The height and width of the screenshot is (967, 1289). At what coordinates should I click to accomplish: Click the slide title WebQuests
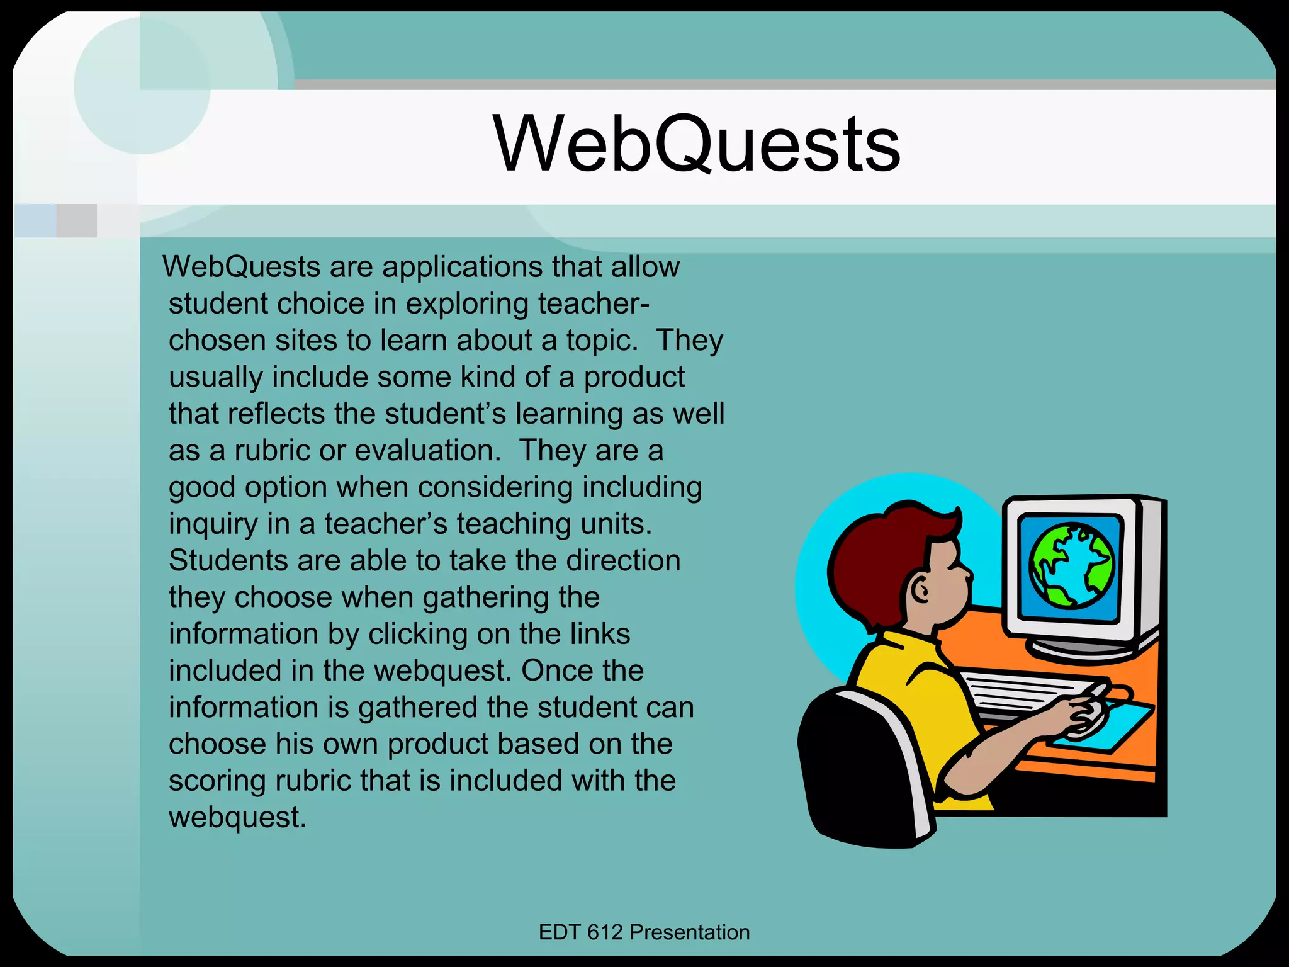click(697, 144)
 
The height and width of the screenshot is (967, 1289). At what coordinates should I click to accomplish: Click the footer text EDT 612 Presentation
click(644, 932)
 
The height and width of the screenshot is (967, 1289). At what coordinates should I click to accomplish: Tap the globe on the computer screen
click(1071, 566)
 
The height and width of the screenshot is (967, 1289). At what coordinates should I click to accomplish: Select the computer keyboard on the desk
click(1032, 693)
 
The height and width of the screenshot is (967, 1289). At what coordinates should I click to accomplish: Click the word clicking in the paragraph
click(418, 635)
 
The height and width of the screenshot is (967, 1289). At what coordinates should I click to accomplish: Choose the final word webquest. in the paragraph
click(237, 818)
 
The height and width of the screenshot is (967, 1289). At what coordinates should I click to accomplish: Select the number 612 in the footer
click(605, 932)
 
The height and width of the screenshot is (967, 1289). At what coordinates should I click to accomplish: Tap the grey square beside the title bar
click(77, 220)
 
